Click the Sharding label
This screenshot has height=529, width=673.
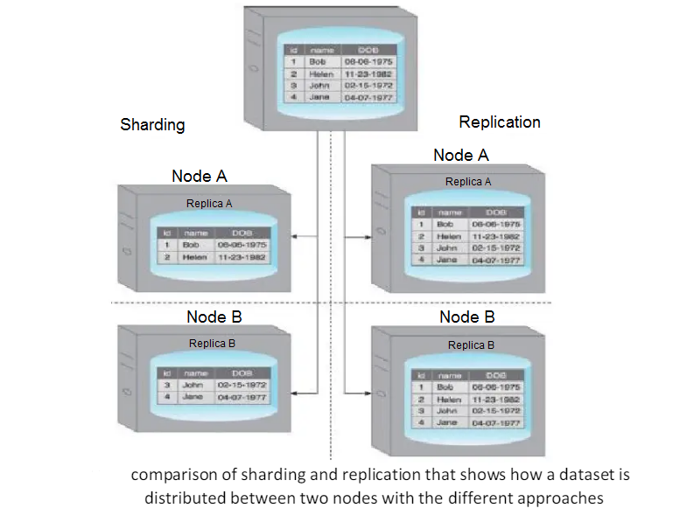point(152,124)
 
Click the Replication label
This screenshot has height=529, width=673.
point(500,122)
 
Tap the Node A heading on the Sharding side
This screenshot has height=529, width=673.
point(200,176)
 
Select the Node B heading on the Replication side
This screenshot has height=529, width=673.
point(467,317)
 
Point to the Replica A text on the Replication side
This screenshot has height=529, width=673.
point(468,182)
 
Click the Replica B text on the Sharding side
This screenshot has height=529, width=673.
point(212,344)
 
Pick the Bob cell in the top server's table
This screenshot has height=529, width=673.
point(318,62)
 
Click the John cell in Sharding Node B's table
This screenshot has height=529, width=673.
point(193,385)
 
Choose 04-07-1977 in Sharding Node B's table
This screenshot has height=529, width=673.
point(242,397)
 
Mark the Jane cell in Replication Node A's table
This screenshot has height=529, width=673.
point(447,260)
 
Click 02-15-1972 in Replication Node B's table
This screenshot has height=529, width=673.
point(495,410)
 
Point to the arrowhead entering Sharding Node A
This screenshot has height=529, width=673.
point(294,235)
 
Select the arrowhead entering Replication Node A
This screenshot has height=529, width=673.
point(368,235)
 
